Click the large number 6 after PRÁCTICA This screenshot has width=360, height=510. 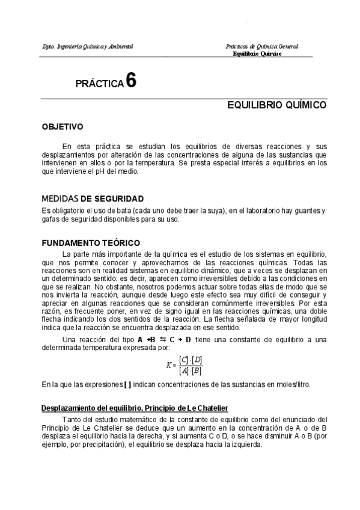pos(131,81)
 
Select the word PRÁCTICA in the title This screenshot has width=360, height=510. pos(99,84)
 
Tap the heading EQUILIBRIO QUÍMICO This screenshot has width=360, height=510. pos(276,105)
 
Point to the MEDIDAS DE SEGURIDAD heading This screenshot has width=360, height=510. pos(92,198)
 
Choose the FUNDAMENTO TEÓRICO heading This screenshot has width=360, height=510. pos(90,243)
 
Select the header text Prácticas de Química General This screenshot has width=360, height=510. pos(261,46)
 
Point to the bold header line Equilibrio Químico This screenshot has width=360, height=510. pos(257,54)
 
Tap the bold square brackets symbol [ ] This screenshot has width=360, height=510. pos(126,384)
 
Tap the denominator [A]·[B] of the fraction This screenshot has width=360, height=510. pos(191,371)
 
